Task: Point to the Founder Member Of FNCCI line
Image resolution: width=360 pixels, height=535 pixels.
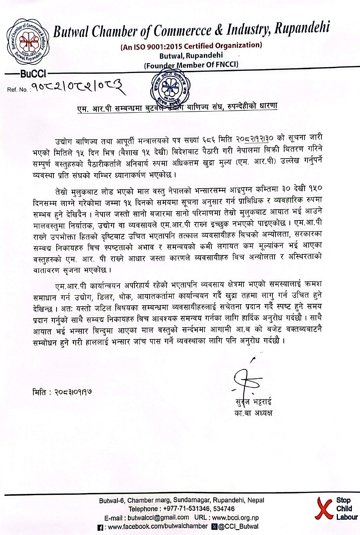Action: point(191,65)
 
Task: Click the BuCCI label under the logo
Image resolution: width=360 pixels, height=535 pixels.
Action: point(33,74)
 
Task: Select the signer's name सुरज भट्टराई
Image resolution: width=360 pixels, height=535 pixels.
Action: point(253,402)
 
